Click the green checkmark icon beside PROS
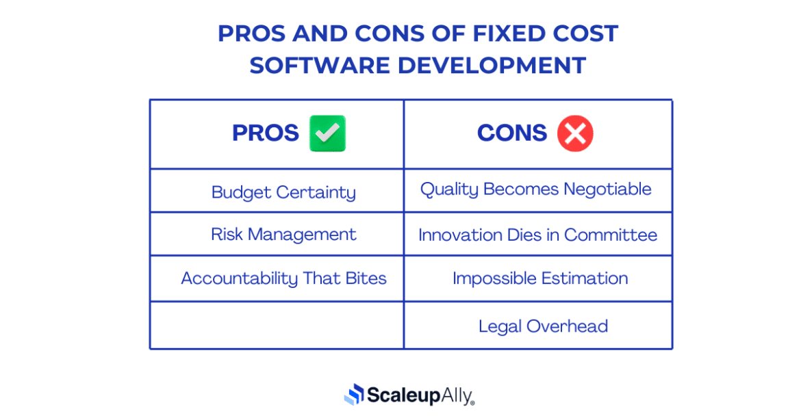(327, 133)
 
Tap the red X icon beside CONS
(575, 133)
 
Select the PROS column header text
(266, 133)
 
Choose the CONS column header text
(512, 133)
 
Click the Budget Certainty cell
(283, 192)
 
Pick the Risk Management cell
(283, 235)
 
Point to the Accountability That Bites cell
(283, 278)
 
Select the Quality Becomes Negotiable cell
(536, 189)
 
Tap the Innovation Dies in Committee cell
(537, 235)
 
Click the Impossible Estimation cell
(540, 278)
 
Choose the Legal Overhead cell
(543, 326)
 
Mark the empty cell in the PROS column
(277, 326)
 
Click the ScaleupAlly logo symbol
(353, 394)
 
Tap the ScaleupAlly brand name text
(420, 395)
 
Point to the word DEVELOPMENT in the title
(492, 66)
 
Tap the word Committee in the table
(611, 235)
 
